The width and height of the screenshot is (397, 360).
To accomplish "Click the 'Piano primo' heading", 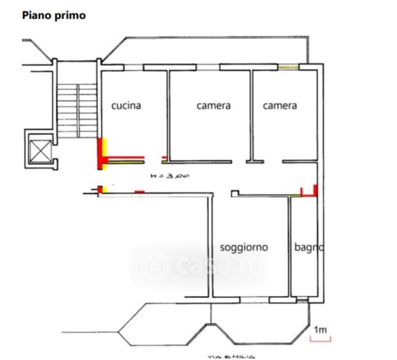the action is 54,15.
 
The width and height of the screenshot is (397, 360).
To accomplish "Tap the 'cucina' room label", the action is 126,106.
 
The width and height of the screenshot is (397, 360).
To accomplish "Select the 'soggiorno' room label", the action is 244,247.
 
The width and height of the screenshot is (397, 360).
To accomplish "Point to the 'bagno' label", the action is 309,247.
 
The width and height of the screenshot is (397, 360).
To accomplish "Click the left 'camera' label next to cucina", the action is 213,106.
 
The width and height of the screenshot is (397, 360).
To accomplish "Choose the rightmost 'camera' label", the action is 280,106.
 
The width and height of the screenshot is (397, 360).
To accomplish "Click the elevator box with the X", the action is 40,151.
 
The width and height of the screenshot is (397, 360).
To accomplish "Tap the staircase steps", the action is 77,111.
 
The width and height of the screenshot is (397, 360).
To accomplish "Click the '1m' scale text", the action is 320,330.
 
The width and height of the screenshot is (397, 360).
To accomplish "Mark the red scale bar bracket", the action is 320,340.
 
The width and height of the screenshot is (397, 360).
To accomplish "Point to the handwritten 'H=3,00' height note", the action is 170,176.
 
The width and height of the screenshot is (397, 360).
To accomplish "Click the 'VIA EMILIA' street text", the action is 231,357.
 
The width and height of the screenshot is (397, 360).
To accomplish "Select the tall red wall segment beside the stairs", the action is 100,154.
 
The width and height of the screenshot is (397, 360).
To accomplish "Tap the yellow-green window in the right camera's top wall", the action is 288,67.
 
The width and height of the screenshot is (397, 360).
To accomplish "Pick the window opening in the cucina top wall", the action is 133,67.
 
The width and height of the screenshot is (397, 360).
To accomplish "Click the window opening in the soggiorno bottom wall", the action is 254,300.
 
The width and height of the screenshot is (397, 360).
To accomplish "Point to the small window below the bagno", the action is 302,301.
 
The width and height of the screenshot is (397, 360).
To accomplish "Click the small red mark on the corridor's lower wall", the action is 139,192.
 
